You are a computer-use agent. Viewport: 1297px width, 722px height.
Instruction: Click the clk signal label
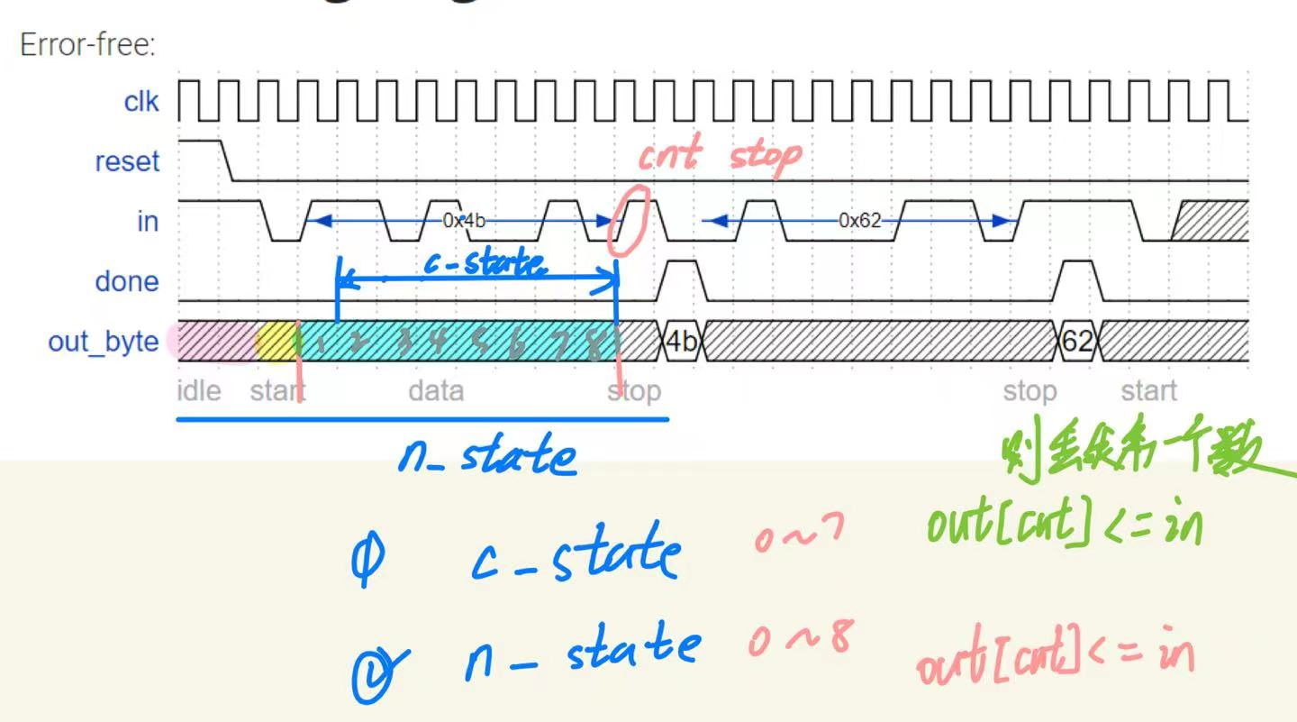141,102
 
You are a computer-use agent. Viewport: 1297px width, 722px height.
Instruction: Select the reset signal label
126,162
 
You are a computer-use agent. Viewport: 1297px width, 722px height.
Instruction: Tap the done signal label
126,281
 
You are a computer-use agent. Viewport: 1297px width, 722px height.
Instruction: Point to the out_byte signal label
103,342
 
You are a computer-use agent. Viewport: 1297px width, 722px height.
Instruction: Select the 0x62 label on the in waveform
859,221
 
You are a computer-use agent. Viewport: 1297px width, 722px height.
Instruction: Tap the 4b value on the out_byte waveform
682,342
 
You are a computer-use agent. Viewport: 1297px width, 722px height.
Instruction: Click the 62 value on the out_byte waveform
1077,342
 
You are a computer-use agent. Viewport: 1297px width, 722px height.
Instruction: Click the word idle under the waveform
198,391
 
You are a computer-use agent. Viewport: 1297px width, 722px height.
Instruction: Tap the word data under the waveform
436,391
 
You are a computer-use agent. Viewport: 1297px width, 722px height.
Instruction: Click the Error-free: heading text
87,45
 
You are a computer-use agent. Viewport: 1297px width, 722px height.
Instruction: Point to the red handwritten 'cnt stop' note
719,156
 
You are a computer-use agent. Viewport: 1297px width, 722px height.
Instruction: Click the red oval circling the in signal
627,220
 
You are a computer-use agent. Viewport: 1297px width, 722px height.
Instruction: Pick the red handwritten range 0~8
798,639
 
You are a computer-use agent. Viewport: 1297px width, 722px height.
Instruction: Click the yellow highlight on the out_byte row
276,342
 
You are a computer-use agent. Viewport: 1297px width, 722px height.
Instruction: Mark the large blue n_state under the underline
486,457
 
